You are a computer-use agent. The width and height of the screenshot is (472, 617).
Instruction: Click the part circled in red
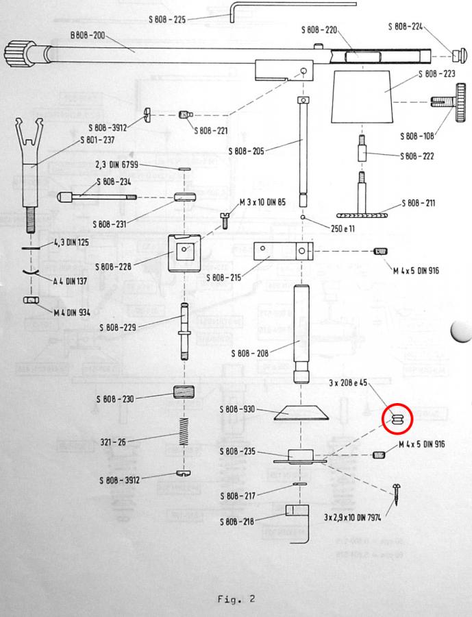click(x=397, y=420)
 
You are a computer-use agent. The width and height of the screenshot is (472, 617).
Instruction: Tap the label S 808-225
click(x=166, y=19)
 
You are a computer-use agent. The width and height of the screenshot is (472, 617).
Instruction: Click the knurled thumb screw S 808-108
click(x=449, y=104)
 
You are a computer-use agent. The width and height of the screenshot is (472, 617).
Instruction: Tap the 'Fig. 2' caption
click(x=236, y=598)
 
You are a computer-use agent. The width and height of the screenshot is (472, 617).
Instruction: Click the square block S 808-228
click(x=183, y=252)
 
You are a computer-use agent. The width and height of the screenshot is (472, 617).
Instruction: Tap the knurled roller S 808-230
click(x=182, y=395)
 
